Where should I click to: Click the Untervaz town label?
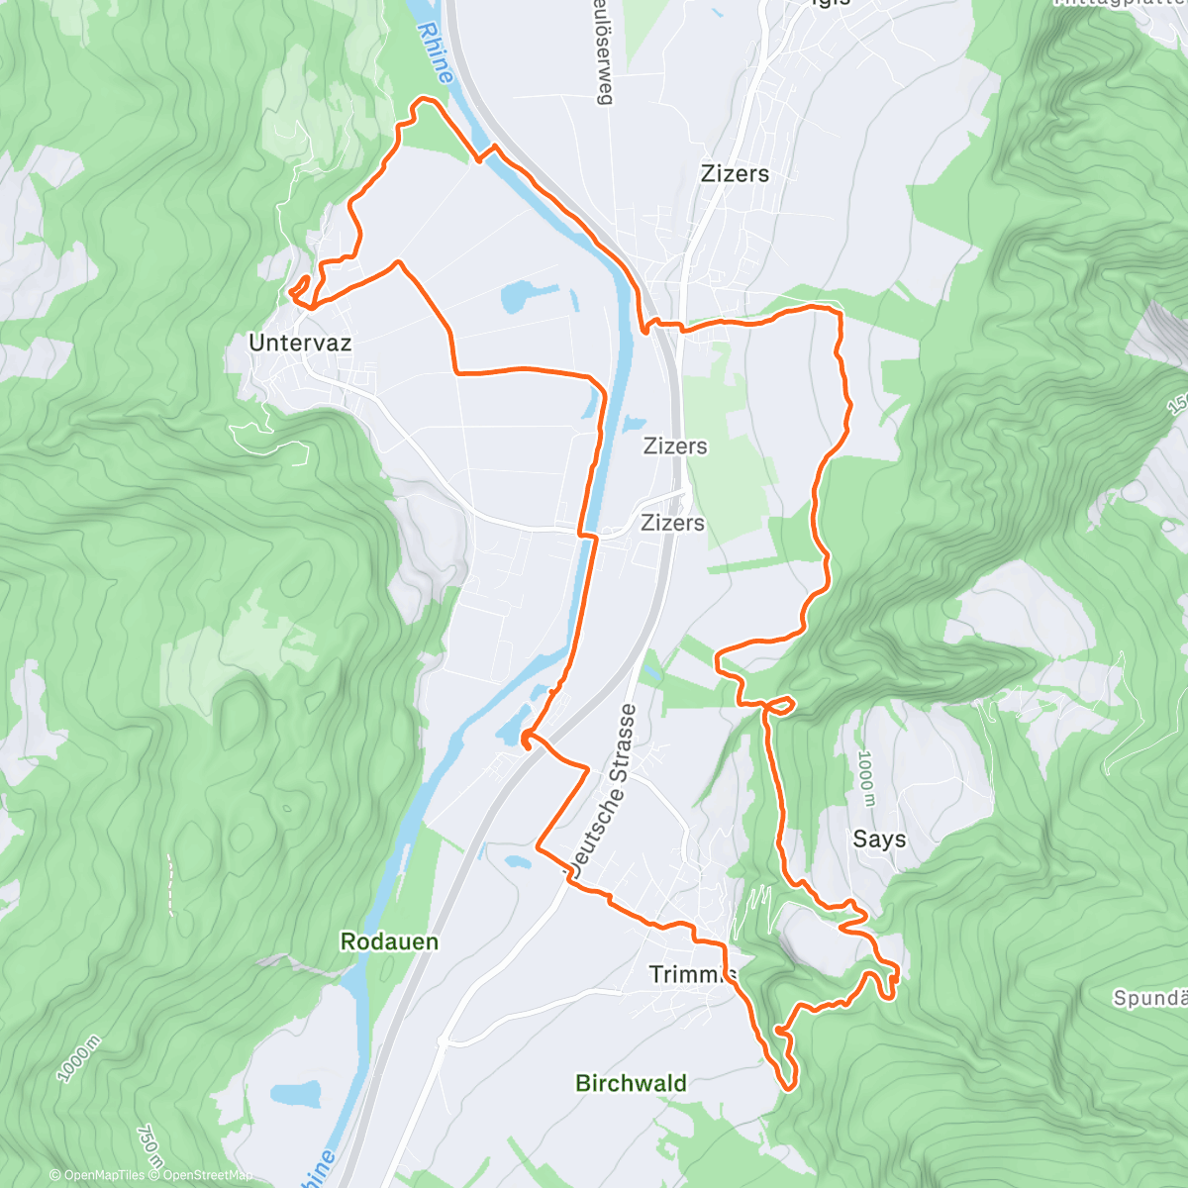[300, 343]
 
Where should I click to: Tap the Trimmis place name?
[693, 974]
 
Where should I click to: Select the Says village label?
[879, 840]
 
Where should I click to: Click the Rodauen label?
[389, 941]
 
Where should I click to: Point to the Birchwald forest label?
[631, 1083]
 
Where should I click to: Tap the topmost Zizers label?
[735, 173]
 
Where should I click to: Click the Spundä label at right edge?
[1148, 998]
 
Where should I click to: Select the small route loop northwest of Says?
[780, 705]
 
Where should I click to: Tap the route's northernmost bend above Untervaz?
[425, 100]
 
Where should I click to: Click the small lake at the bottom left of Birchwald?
[296, 1094]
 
